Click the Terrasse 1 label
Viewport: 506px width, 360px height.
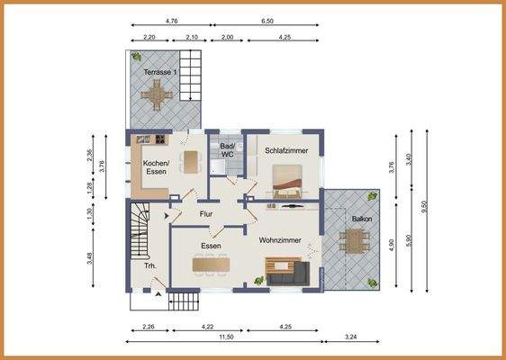coord(160,72)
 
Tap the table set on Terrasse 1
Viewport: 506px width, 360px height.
coord(157,95)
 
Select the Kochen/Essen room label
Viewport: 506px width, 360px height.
coord(156,167)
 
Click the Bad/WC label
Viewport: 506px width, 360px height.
coord(227,150)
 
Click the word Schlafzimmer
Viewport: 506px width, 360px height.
coord(286,150)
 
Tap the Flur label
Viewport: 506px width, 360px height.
coord(206,214)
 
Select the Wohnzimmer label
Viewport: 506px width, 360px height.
coord(280,240)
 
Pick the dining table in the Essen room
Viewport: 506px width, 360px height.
coord(211,265)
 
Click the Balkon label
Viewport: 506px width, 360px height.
coord(362,219)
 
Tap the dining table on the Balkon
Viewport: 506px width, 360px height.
coord(355,240)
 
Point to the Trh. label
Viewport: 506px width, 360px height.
coord(150,266)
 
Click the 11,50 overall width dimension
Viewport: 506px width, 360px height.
coord(226,337)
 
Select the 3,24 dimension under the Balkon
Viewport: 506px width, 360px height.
coord(351,337)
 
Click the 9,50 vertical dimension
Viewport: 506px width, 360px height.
coord(424,207)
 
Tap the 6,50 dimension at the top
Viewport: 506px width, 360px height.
coord(267,22)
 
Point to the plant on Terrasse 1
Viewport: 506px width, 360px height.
coord(136,57)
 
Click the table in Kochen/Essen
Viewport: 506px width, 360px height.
coord(191,162)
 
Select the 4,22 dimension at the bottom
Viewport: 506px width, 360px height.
coord(207,327)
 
